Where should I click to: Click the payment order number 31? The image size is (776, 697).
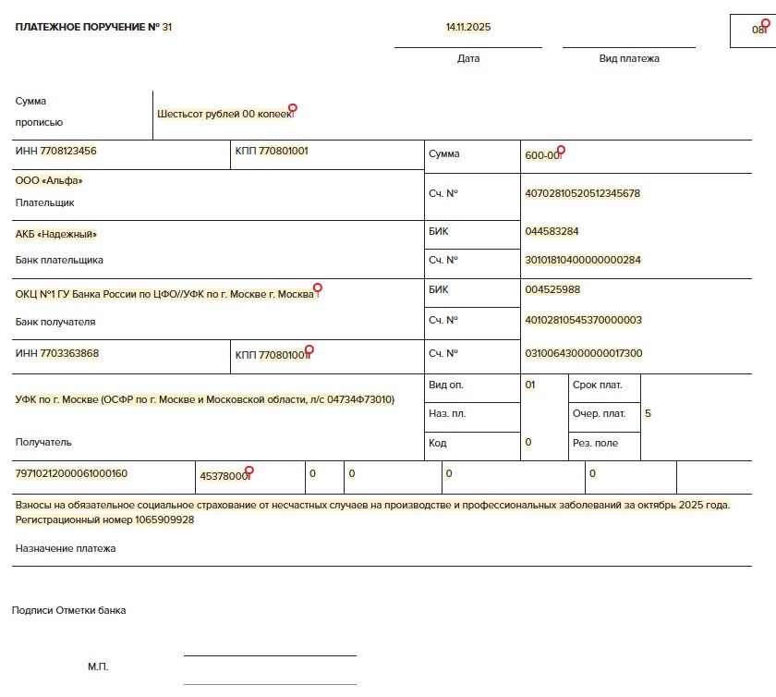click(x=166, y=27)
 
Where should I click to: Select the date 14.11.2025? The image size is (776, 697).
click(x=467, y=27)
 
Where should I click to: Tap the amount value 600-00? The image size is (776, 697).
click(x=542, y=155)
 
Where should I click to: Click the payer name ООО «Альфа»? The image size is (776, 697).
click(x=49, y=180)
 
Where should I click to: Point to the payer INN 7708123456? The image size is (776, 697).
click(x=68, y=151)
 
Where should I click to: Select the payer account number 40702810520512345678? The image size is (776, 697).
click(x=582, y=193)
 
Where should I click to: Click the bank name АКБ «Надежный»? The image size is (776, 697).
click(x=56, y=234)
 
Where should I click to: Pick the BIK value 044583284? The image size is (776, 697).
click(x=552, y=231)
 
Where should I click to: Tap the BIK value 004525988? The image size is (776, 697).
click(x=552, y=289)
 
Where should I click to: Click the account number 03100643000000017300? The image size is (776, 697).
click(x=583, y=353)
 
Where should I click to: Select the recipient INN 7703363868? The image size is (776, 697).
click(x=69, y=353)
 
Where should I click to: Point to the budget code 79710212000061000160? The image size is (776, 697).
click(x=71, y=473)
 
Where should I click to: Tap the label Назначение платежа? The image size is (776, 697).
click(x=66, y=548)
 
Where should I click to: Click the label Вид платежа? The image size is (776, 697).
click(x=629, y=58)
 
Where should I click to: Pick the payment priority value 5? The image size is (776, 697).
click(x=648, y=413)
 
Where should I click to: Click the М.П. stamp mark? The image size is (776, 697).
click(x=98, y=666)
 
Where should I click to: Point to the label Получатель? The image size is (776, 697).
click(x=43, y=442)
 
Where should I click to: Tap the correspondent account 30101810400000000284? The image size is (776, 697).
click(x=582, y=260)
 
